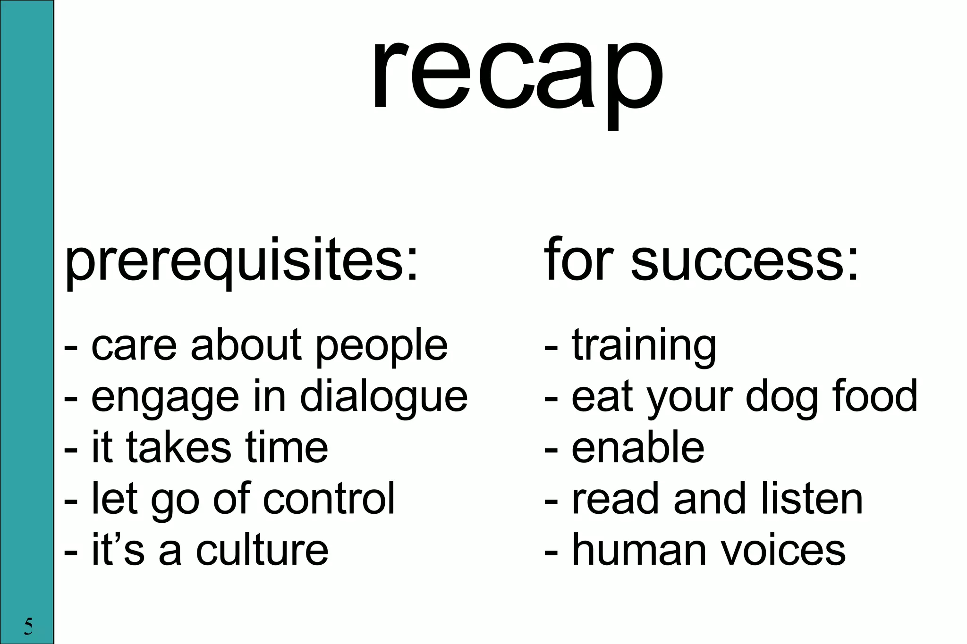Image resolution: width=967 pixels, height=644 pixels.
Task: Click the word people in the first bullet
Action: [382, 347]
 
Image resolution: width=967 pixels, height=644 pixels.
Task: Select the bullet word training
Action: [644, 347]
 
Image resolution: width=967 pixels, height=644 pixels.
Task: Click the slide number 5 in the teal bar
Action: [28, 626]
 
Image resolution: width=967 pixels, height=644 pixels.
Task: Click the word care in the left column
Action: [134, 347]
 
